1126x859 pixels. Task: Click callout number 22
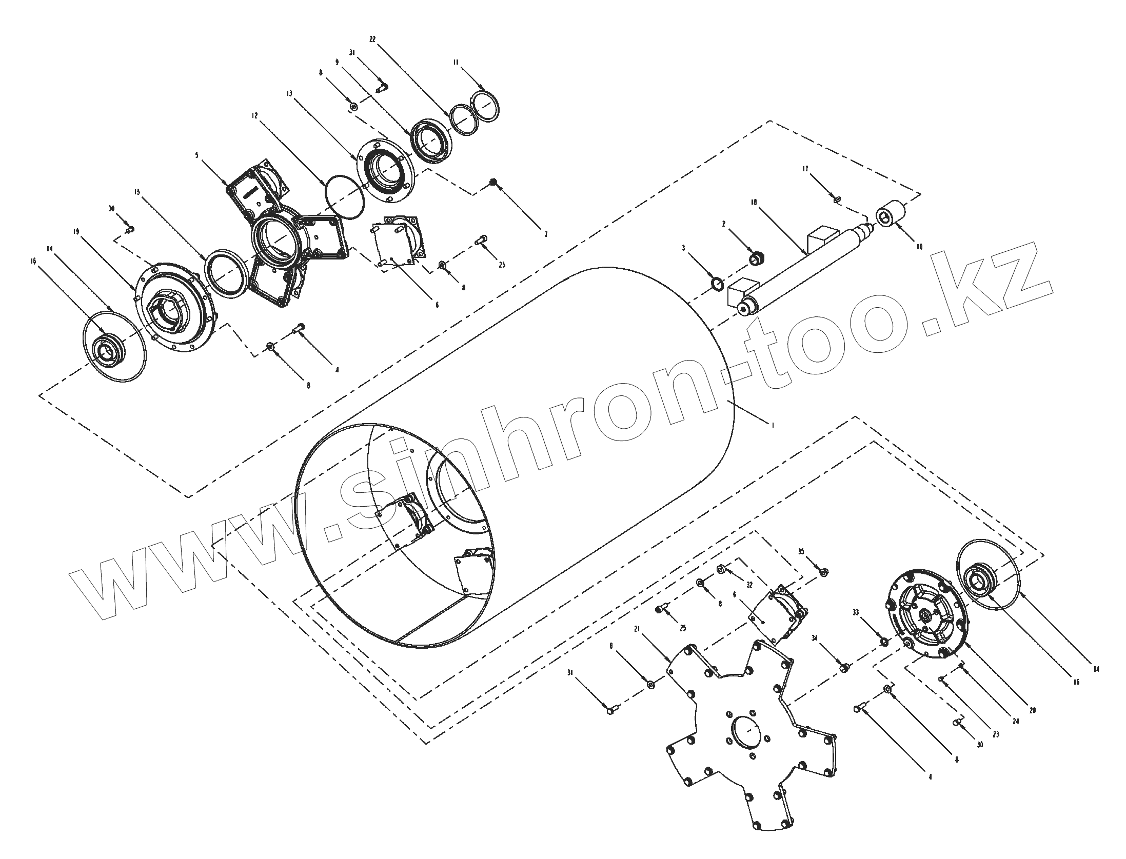[372, 39]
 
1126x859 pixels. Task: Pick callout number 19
[75, 231]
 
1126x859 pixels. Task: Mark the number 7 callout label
[546, 234]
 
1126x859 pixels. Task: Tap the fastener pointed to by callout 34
[844, 667]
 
